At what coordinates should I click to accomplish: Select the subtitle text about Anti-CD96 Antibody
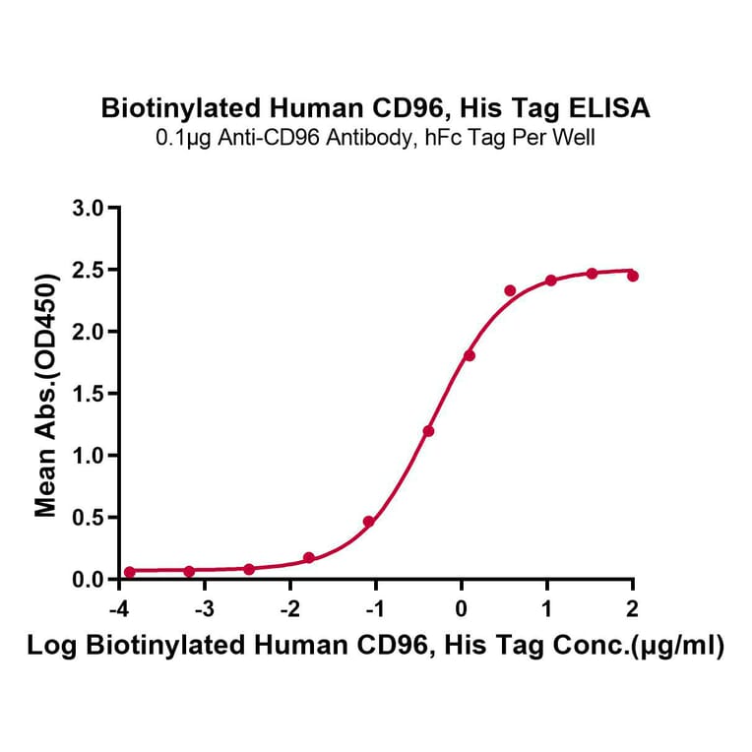tap(375, 138)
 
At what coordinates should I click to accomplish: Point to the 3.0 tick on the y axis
tap(90, 209)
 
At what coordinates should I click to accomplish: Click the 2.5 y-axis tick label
tap(90, 271)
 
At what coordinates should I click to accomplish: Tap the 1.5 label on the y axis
tap(90, 394)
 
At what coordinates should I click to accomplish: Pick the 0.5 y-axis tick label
tap(90, 518)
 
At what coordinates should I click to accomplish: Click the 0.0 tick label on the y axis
tap(90, 580)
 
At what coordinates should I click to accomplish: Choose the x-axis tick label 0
tap(461, 603)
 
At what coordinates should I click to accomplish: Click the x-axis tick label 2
tap(632, 603)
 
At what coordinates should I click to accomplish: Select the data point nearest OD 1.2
tap(428, 431)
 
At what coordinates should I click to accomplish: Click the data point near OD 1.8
tap(470, 355)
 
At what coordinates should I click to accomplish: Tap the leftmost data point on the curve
tap(129, 572)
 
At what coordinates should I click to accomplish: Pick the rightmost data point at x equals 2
tap(633, 277)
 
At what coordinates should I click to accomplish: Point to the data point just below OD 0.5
tap(368, 522)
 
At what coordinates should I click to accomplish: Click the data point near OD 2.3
tap(510, 290)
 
